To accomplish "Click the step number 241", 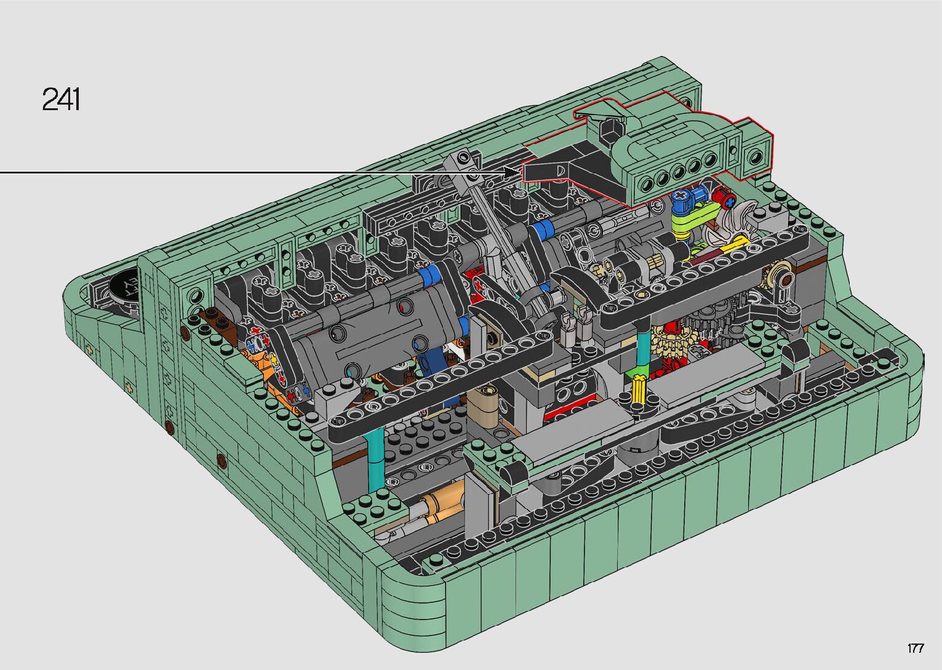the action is point(61,99).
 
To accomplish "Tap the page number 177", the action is point(916,648).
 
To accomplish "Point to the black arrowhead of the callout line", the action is point(512,172).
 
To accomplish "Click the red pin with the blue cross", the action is point(726,199).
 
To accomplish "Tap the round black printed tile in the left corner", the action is point(125,285).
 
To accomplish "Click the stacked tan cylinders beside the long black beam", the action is point(483,404).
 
